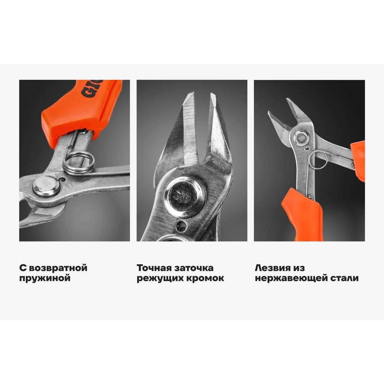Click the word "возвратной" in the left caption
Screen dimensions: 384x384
pos(58,268)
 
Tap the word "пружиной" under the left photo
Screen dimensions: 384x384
pos(45,278)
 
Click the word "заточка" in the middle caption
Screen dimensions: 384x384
pos(194,268)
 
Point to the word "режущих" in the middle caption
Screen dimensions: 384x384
pos(160,278)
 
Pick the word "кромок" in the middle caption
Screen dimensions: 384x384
pos(205,278)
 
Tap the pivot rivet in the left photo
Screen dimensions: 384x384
pos(46,186)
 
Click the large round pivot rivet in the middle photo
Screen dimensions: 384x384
pos(185,196)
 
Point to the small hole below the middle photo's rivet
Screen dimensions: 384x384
pos(182,226)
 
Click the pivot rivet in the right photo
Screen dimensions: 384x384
pos(301,137)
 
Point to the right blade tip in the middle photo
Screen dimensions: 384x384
pos(211,93)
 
